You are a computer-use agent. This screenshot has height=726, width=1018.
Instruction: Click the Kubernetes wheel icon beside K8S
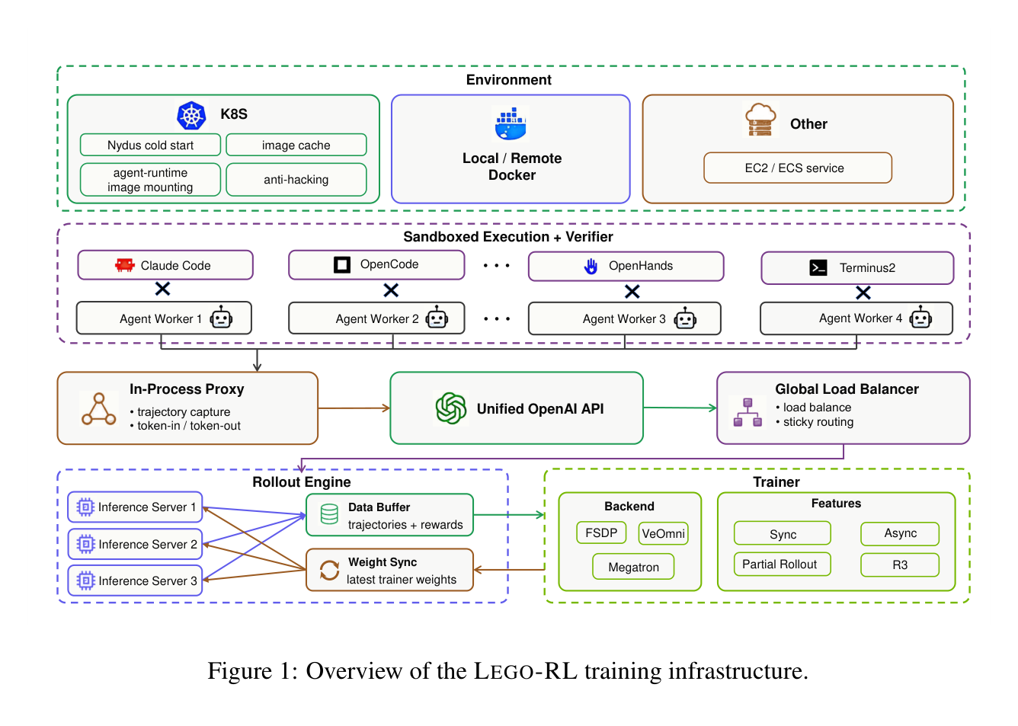tap(191, 115)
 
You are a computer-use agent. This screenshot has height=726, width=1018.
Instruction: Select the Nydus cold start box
tap(150, 145)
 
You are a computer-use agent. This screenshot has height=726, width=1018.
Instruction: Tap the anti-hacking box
tap(296, 180)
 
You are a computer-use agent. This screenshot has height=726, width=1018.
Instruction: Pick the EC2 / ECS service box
tap(798, 168)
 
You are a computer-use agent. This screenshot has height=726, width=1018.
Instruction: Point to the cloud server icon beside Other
tap(760, 120)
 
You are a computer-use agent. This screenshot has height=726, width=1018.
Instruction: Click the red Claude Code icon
tap(124, 265)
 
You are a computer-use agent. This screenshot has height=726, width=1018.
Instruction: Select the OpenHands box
tap(626, 266)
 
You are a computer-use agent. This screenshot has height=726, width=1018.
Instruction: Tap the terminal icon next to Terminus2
tap(818, 267)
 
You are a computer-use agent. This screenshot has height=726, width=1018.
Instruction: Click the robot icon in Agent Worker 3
tap(685, 318)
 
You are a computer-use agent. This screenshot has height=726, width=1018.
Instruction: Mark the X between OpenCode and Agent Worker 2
tap(391, 289)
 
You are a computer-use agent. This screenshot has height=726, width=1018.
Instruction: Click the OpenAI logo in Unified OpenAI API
tap(451, 408)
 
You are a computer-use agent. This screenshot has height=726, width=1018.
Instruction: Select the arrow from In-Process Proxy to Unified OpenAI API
tap(354, 408)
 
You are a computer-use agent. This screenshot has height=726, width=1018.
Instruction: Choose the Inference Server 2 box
tap(135, 544)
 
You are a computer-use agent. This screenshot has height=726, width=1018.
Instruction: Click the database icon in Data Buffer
tap(329, 514)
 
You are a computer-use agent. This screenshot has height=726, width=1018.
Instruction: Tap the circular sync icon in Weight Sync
tap(329, 570)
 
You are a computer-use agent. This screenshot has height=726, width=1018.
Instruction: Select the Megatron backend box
tap(633, 567)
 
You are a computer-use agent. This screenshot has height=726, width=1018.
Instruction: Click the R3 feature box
tap(899, 564)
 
